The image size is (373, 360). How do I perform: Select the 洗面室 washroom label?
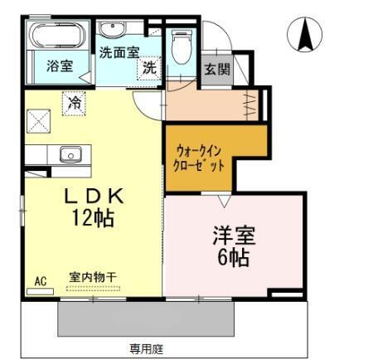tap(119, 51)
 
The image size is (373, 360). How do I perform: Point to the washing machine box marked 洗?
tap(148, 68)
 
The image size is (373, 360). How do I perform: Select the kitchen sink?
tap(69, 155)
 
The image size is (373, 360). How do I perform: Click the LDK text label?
tap(94, 196)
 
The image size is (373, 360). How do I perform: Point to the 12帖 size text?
tap(92, 219)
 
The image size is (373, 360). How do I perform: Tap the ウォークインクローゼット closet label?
tap(199, 158)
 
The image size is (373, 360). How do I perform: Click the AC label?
tap(39, 280)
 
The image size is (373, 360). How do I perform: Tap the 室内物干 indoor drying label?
tap(93, 279)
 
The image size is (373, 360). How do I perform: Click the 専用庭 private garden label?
tap(145, 348)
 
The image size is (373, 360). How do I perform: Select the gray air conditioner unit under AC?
tap(39, 290)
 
